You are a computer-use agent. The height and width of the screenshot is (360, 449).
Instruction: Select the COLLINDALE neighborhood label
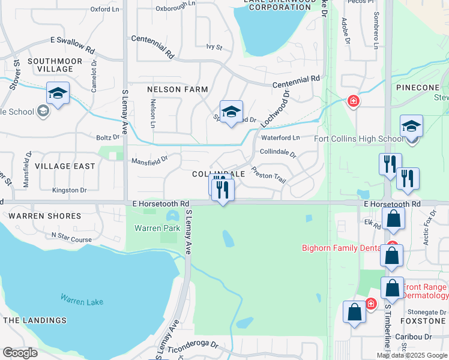click(218, 173)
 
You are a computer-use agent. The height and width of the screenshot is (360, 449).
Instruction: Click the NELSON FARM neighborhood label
click(178, 89)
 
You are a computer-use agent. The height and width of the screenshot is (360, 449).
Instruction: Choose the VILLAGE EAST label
click(65, 166)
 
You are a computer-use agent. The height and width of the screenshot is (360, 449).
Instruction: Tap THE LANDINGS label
click(35, 320)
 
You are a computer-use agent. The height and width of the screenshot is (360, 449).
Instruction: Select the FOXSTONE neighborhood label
click(423, 321)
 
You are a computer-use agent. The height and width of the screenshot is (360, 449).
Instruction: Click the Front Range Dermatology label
click(416, 291)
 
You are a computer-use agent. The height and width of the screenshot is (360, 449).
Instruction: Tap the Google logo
click(20, 352)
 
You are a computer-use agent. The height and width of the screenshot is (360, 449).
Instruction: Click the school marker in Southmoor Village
click(58, 94)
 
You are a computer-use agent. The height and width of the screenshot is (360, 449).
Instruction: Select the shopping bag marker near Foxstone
click(354, 313)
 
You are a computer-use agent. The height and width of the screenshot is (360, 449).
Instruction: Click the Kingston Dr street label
click(70, 190)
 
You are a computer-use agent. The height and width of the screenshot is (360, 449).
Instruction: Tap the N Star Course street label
click(72, 239)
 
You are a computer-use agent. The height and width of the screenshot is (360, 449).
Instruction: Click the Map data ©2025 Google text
click(412, 355)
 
